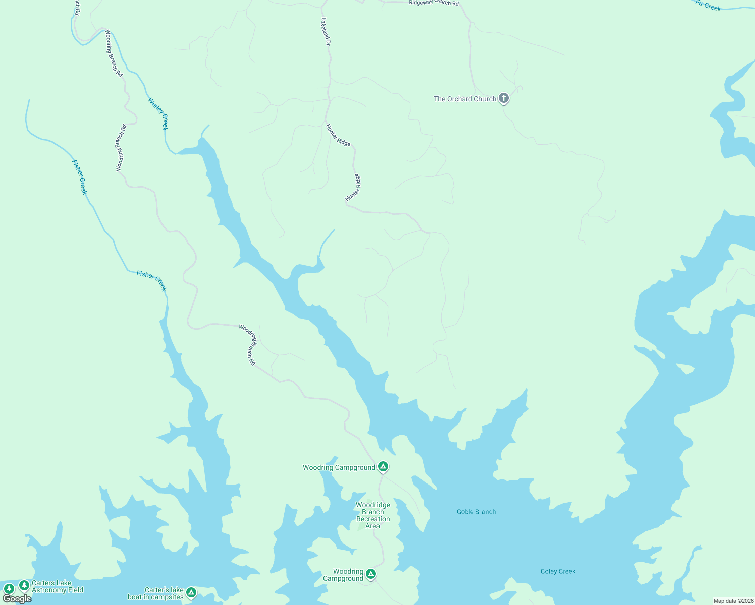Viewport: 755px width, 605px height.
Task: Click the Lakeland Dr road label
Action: click(326, 32)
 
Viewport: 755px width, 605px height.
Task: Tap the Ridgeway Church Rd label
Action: click(434, 3)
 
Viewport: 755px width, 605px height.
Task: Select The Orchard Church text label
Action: click(465, 99)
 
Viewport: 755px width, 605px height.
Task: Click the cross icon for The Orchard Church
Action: click(503, 98)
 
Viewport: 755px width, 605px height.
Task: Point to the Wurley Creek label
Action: click(158, 114)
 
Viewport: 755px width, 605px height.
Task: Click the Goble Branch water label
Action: click(476, 512)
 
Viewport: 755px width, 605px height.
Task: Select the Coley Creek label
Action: click(558, 571)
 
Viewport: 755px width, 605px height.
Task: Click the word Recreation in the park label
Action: click(373, 519)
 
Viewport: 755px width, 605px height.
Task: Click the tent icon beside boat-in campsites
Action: click(191, 592)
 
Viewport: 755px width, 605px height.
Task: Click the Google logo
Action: click(17, 599)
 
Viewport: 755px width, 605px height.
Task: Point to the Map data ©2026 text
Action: click(733, 601)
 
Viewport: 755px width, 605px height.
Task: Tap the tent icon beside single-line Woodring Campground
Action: click(383, 467)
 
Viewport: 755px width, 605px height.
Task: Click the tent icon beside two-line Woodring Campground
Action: click(371, 574)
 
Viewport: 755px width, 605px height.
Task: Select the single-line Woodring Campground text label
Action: click(339, 467)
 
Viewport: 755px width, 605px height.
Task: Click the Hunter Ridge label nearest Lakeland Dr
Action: click(338, 135)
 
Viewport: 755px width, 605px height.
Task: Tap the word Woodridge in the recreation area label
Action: click(373, 505)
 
